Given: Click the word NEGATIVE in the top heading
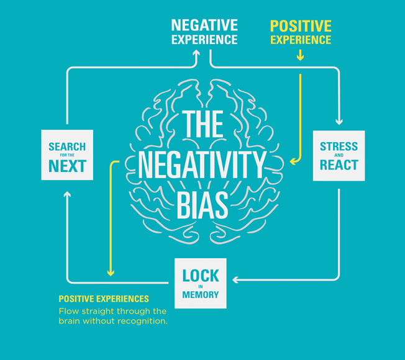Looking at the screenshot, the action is click(204, 25).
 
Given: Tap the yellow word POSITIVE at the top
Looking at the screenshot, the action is click(301, 26).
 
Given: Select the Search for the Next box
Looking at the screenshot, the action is click(67, 155).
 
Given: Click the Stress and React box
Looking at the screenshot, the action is click(339, 156).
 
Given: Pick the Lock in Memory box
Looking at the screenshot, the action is click(201, 284).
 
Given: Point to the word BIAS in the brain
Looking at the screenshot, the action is click(202, 205).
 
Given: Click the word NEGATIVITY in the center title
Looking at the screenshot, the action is click(202, 164).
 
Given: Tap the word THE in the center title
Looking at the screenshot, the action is click(202, 124).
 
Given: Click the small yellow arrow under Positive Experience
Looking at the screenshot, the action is click(300, 55).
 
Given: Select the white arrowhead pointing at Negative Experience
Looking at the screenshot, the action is click(196, 52).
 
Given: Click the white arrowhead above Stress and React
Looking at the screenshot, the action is click(339, 122).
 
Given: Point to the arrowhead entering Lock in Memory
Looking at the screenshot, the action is click(235, 280).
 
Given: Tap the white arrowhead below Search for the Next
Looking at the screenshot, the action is click(67, 194).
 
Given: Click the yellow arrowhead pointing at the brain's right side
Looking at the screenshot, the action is click(293, 161).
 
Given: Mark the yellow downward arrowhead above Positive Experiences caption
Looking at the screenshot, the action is click(111, 273).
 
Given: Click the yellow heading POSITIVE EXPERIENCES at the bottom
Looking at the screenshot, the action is click(104, 299).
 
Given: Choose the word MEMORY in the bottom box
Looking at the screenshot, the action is click(201, 295).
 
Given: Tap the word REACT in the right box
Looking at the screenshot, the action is click(339, 165).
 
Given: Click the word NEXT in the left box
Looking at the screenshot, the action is click(67, 166).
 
